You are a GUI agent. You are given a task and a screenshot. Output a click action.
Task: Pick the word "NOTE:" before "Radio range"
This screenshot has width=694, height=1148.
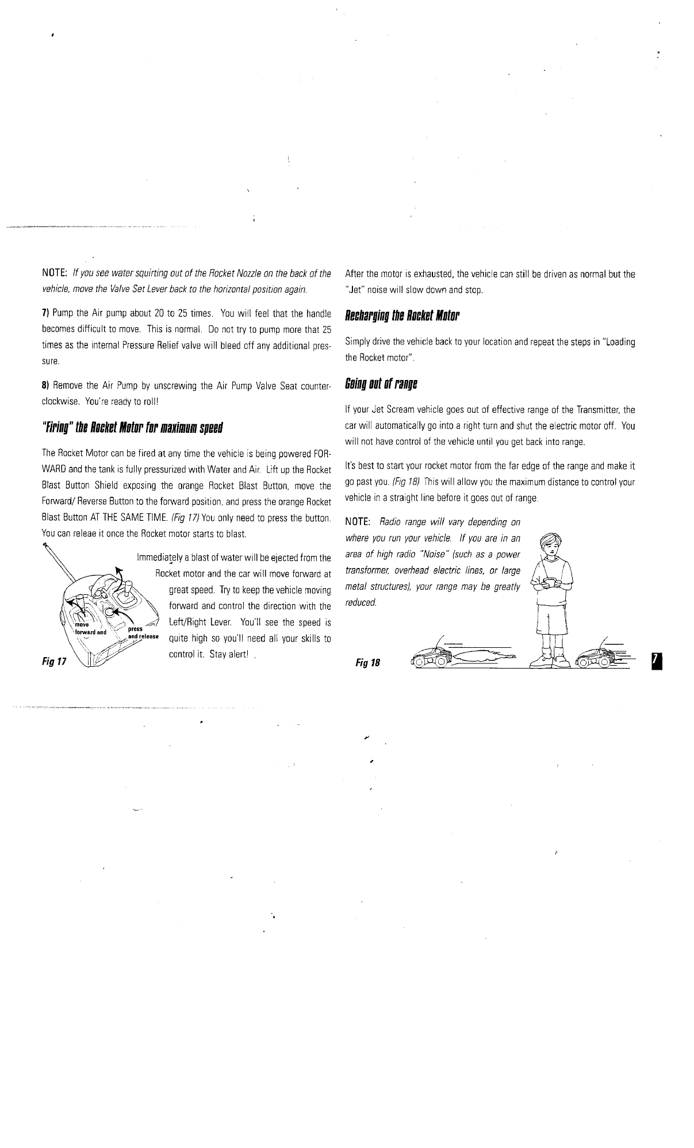[x=356, y=522]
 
